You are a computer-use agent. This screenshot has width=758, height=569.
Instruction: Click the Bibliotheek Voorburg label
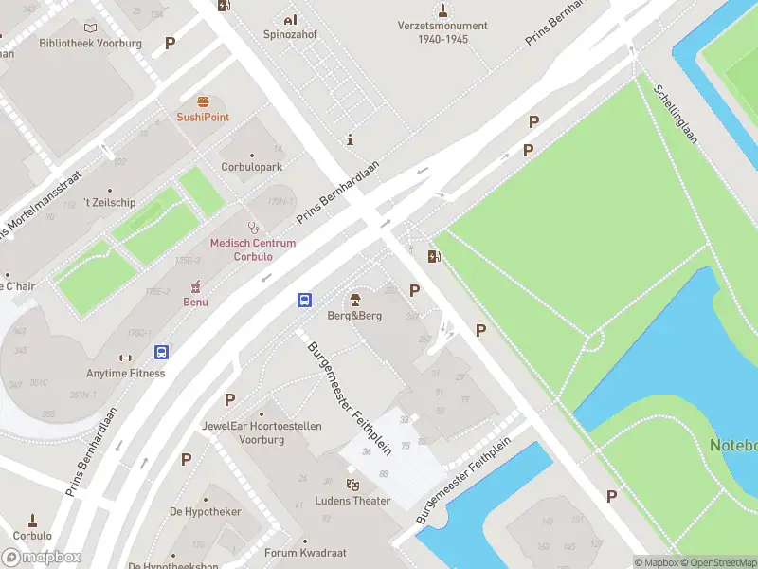click(90, 44)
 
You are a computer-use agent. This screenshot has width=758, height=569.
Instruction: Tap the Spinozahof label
click(289, 35)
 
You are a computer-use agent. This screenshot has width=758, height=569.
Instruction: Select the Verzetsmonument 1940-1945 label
click(443, 32)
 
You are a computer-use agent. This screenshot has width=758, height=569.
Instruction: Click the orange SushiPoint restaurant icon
click(203, 101)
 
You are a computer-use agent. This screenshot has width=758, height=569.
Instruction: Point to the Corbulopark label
click(251, 167)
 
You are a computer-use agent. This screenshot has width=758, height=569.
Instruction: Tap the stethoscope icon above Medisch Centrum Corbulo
click(253, 227)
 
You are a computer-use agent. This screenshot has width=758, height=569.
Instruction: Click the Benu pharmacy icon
click(196, 286)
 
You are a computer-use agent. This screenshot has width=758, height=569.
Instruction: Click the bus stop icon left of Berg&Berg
click(305, 300)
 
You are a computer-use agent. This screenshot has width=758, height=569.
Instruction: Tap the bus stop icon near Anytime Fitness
click(162, 352)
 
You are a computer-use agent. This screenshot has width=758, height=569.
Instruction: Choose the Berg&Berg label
click(354, 315)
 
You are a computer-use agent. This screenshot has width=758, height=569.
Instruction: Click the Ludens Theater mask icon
click(353, 485)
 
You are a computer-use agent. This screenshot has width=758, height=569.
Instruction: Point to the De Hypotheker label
click(206, 511)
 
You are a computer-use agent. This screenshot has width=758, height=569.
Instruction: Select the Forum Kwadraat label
click(305, 553)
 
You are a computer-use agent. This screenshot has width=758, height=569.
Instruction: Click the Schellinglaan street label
click(675, 114)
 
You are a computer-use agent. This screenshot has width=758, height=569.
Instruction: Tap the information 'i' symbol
click(351, 139)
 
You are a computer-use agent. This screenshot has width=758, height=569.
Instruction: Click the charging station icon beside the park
click(434, 256)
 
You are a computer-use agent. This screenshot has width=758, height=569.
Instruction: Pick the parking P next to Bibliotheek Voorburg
click(170, 43)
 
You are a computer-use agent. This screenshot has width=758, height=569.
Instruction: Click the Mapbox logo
click(41, 558)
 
